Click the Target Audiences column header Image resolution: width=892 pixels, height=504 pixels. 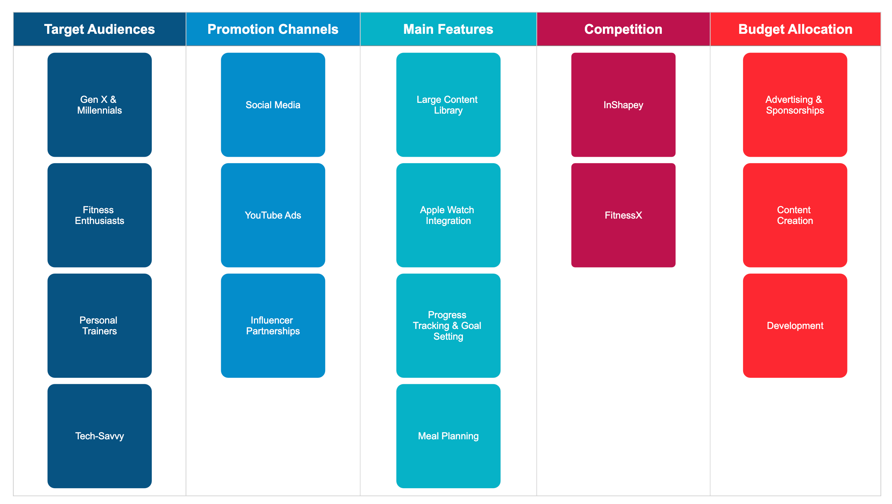point(99,29)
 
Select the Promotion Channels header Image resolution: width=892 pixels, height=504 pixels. point(273,29)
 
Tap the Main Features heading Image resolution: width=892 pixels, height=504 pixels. point(448,29)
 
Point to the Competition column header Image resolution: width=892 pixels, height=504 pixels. point(623,29)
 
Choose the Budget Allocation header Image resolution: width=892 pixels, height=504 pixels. point(795,29)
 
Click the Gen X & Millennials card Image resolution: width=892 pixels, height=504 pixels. point(99,105)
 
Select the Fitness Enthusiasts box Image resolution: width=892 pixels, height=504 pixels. point(99,215)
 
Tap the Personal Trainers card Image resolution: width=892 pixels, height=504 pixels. point(99,325)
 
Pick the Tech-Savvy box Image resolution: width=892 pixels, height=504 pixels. point(99,436)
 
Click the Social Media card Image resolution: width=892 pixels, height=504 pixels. point(273,105)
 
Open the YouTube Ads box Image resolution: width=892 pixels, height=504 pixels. point(273,215)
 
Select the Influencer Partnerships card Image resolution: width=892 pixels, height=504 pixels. point(273,325)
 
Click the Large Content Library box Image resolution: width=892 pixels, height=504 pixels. point(448,105)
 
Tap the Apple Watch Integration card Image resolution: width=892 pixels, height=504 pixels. point(448,215)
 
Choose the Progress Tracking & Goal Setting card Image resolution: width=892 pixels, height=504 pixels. point(448,325)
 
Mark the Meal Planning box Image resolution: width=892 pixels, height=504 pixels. point(448,436)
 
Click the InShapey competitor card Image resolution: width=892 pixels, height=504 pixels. point(623,105)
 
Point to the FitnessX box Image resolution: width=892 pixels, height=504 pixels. point(623,215)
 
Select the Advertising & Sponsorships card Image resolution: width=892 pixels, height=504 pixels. point(795,105)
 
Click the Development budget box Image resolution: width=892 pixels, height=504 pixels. point(795,325)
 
